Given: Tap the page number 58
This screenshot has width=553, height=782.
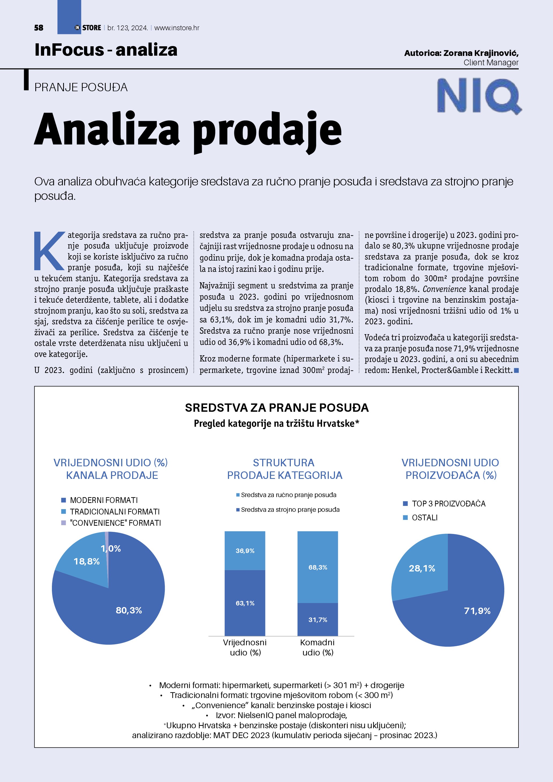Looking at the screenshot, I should (x=39, y=28).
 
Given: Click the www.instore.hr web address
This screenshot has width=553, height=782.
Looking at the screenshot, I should (x=177, y=28).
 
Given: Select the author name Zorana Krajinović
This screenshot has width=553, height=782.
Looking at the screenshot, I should (x=481, y=53).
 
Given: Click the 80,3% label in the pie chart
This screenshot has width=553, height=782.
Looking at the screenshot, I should (x=129, y=610).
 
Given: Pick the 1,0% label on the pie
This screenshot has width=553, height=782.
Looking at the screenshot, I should (x=111, y=548).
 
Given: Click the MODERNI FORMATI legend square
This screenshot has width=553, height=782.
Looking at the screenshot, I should (x=63, y=500).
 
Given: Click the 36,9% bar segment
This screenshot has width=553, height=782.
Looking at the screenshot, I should (x=245, y=551).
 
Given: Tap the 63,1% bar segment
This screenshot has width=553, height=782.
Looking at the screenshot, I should (x=245, y=603).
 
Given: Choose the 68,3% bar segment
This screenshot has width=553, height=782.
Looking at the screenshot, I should (x=318, y=567).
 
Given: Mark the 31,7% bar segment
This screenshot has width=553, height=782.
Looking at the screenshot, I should (x=318, y=620).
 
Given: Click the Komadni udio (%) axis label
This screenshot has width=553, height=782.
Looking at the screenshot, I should (x=317, y=647).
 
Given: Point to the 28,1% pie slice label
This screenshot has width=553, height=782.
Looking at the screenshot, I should (x=422, y=569).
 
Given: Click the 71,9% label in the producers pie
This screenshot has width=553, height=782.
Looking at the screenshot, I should (x=477, y=611).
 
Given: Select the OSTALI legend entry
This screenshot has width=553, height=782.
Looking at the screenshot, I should (x=425, y=518).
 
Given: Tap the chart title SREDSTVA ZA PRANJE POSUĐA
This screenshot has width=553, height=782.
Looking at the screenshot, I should (x=277, y=408).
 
